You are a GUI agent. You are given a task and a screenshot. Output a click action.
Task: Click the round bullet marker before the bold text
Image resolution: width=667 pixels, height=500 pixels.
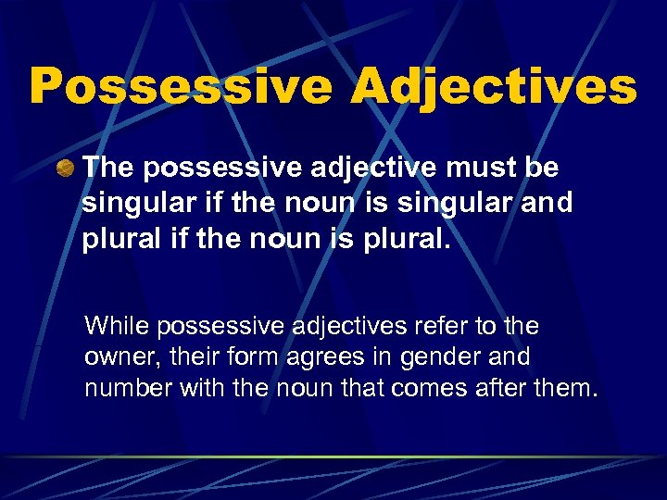65,169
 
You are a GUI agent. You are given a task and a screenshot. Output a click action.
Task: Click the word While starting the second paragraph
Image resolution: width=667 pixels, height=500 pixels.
118,326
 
